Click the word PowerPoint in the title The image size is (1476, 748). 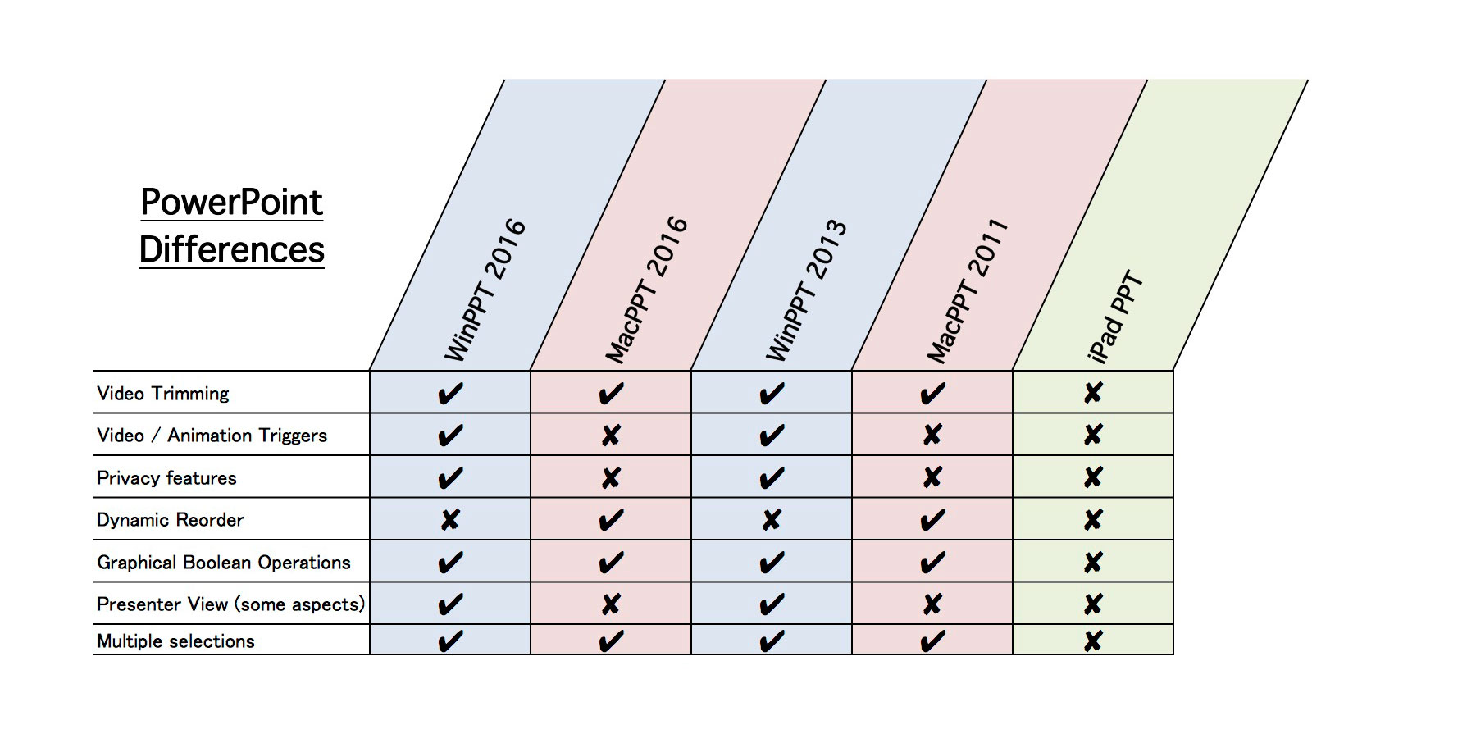[232, 203]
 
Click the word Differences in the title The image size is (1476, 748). [232, 249]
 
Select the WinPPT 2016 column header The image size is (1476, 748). [485, 289]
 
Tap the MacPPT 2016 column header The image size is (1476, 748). [646, 289]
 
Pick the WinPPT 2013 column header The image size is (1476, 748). [806, 289]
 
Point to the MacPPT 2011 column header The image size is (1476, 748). [967, 290]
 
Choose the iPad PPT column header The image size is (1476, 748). [1115, 316]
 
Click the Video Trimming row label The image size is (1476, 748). [163, 394]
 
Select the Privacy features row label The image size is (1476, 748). [166, 478]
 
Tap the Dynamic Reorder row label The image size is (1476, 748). [170, 520]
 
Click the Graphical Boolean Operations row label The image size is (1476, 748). [223, 563]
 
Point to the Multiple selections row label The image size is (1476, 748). [175, 641]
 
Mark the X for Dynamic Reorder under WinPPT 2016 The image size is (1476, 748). [450, 519]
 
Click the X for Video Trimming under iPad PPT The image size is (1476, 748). [1093, 393]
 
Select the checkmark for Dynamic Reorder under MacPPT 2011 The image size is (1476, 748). [932, 520]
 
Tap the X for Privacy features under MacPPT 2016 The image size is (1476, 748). [611, 478]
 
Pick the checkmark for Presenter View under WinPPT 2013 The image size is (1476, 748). [772, 605]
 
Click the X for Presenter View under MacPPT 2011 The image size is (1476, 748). [932, 604]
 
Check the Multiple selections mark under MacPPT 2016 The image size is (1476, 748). [611, 641]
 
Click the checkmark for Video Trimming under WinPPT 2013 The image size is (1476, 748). [772, 394]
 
